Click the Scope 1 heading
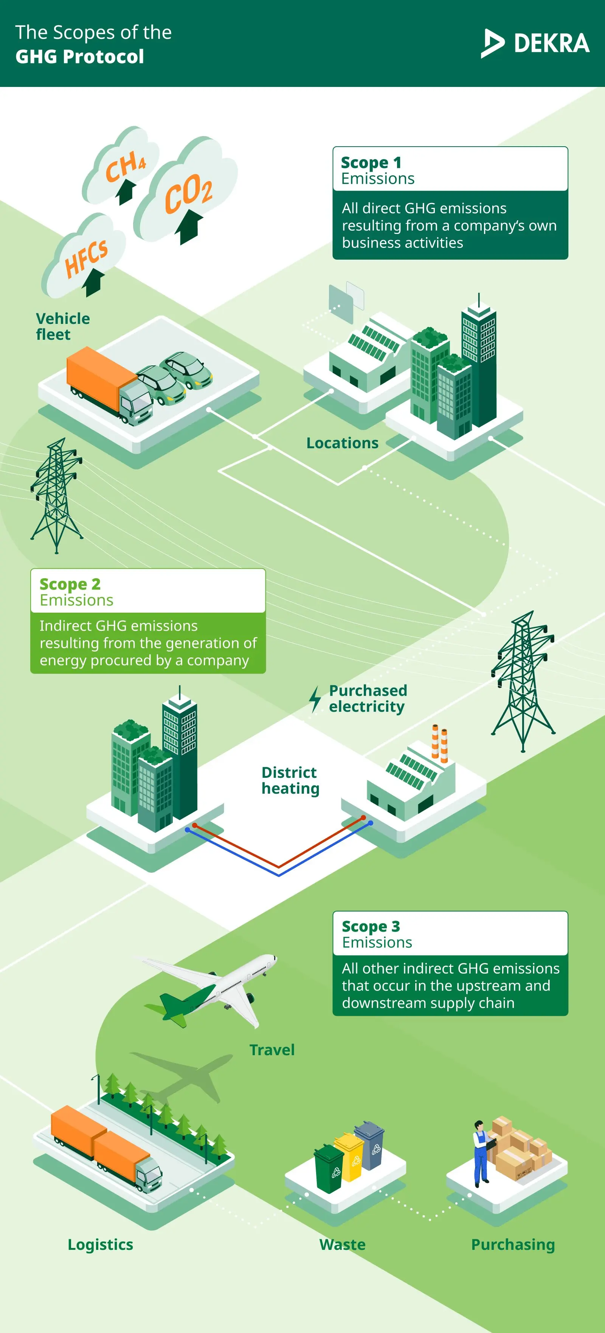tap(371, 163)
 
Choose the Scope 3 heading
tap(371, 926)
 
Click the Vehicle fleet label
tap(62, 326)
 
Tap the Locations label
tap(342, 443)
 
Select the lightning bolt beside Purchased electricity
tap(315, 699)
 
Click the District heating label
tap(290, 780)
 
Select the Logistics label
tap(101, 1245)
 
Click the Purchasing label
tap(512, 1245)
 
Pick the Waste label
tap(342, 1245)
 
